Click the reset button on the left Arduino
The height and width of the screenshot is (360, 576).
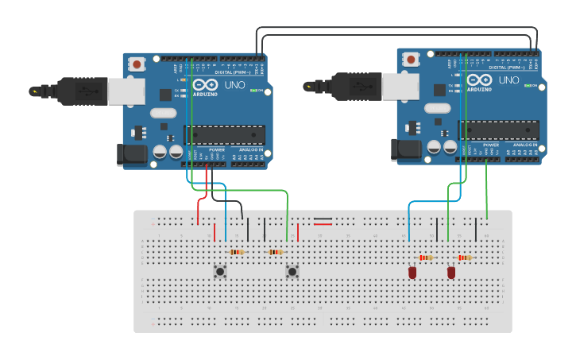coord(137,64)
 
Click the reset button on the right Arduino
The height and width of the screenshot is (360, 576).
coord(412,59)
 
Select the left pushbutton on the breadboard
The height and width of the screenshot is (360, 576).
coord(220,272)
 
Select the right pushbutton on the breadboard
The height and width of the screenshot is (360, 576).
coord(292,272)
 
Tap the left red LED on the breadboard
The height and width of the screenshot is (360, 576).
coord(412,273)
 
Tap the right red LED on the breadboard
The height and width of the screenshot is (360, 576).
coord(451,273)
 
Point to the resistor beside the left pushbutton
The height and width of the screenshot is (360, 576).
coord(237,252)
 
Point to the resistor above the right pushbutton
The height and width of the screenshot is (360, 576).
coord(275,252)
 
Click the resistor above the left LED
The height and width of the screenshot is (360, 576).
coord(427,257)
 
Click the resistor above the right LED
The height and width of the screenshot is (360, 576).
coord(465,257)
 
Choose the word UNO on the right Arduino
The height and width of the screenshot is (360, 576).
coord(508,80)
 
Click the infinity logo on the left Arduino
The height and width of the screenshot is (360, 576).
coord(203,85)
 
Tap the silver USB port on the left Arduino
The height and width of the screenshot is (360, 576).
coord(126,91)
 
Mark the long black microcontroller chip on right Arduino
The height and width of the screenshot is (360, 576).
coord(498,130)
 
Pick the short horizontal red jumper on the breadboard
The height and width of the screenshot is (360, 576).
coord(323,224)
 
